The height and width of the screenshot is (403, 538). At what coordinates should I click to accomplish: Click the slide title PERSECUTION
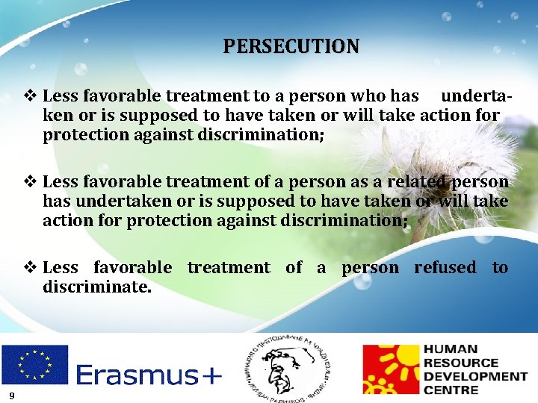(x=291, y=46)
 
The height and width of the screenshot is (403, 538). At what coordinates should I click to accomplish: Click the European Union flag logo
(x=34, y=364)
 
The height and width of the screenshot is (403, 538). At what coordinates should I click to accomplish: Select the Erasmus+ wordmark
(x=149, y=375)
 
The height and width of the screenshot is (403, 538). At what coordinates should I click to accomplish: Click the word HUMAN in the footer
(x=451, y=349)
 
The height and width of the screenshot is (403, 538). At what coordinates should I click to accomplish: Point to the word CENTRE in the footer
(x=451, y=390)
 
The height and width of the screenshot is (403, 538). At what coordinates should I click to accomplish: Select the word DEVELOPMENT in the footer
(x=474, y=375)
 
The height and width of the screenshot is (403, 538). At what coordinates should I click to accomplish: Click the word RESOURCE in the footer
(x=460, y=362)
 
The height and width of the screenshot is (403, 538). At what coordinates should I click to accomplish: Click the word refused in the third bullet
(x=445, y=267)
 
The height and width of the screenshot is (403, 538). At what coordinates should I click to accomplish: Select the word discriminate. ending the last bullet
(x=97, y=287)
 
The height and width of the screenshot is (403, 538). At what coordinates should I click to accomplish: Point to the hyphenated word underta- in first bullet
(x=477, y=96)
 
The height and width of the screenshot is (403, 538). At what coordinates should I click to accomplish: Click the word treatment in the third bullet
(x=229, y=267)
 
